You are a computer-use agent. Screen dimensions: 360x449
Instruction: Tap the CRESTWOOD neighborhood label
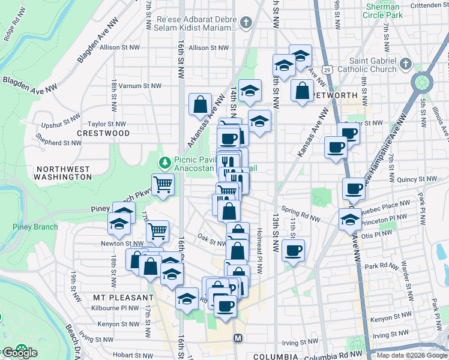[x=103, y=133]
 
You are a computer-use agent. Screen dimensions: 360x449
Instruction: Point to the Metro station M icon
[x=238, y=338]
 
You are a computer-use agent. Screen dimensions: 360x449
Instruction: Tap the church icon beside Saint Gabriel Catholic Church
[x=406, y=65]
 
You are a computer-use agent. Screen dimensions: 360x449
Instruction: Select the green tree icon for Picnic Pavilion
[x=164, y=163]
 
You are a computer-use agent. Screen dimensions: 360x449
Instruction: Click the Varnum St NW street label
[x=139, y=86]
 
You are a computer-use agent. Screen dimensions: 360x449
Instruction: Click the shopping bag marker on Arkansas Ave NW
[x=199, y=105]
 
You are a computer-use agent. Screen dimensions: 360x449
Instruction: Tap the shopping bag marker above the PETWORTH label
[x=303, y=91]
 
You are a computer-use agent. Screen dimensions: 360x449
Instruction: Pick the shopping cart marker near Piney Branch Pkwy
[x=163, y=185]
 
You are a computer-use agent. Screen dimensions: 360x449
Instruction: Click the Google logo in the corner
[x=19, y=353]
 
